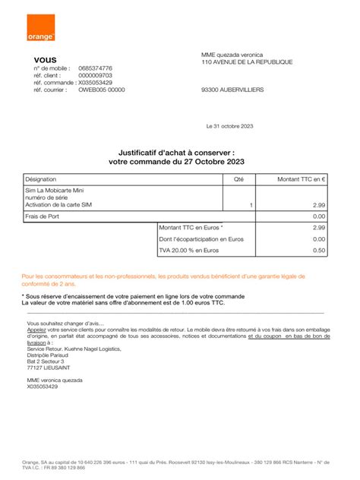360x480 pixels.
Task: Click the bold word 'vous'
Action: (45, 59)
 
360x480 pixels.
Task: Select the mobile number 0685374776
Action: (96, 68)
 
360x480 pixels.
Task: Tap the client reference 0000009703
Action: (96, 75)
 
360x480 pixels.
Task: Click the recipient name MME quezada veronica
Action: (232, 55)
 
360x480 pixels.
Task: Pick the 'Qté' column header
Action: (238, 178)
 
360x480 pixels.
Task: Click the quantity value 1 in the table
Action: (251, 205)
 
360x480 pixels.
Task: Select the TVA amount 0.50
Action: (319, 249)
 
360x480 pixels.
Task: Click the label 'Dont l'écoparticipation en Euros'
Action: (201, 238)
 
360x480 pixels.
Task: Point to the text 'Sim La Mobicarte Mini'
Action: (55, 191)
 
